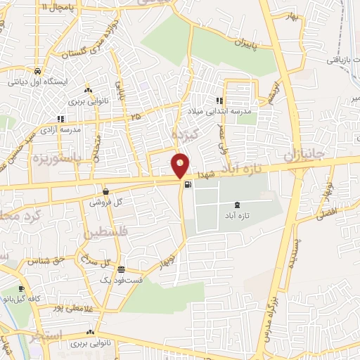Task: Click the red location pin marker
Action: click(x=181, y=165)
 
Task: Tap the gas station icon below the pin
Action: click(x=188, y=186)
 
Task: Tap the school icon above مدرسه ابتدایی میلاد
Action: click(x=219, y=101)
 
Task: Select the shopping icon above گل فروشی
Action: click(x=105, y=191)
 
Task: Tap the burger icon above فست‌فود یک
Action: click(x=122, y=269)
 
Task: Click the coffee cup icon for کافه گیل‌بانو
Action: click(x=22, y=288)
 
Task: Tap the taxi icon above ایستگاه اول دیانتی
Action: click(x=36, y=70)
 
